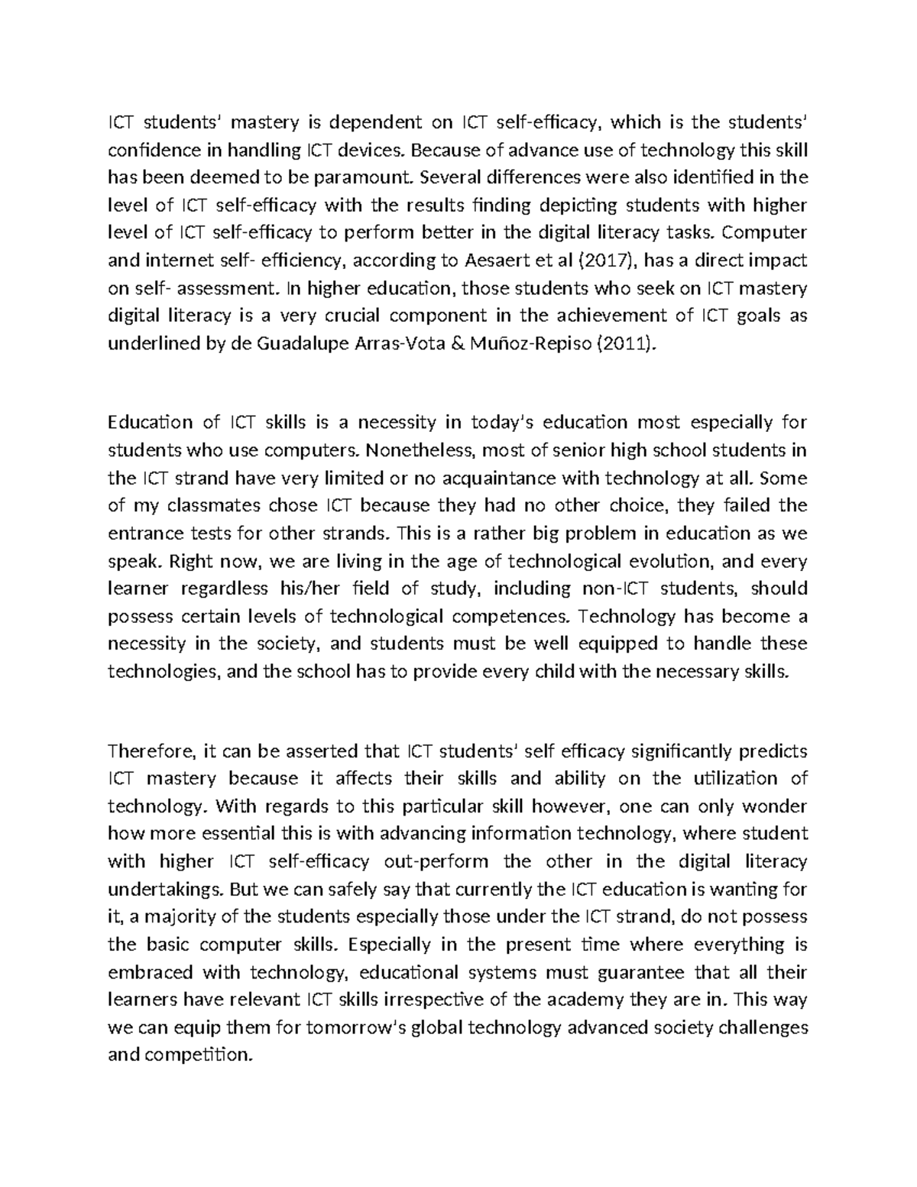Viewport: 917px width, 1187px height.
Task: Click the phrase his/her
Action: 383,589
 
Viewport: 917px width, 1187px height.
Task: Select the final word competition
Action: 194,1056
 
